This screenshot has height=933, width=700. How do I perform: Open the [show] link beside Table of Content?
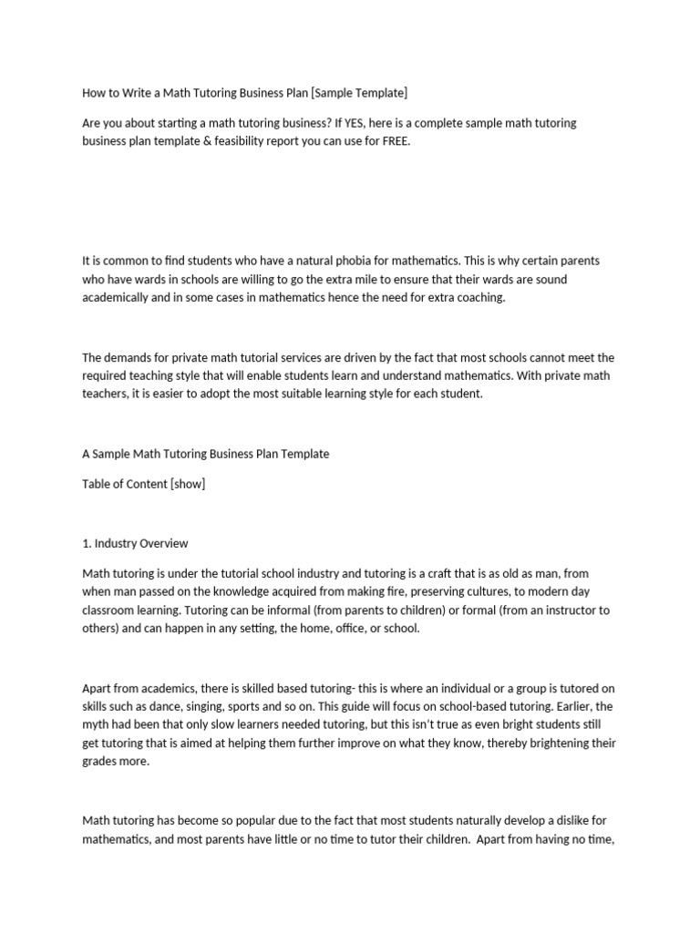click(x=188, y=484)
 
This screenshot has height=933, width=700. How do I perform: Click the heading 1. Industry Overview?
click(x=135, y=543)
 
